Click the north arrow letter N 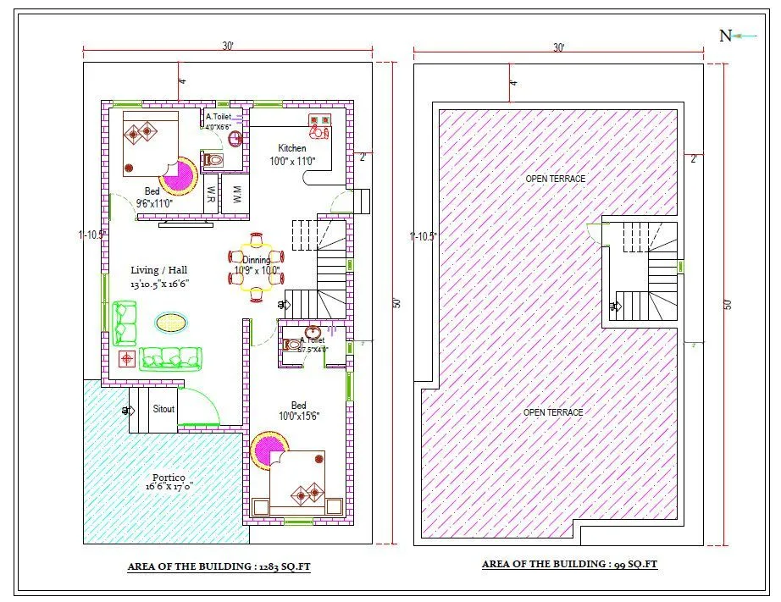coord(725,36)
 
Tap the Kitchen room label coord(292,149)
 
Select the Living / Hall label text coord(158,270)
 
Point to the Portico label coord(169,478)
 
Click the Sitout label coord(163,409)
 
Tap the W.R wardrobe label coord(208,193)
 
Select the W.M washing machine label coord(237,193)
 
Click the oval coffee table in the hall coord(171,323)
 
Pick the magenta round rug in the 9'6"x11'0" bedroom coord(179,176)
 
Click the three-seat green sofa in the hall coord(171,358)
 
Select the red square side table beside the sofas coord(126,358)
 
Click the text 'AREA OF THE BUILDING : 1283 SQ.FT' coord(219,566)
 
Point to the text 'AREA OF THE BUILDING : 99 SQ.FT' coord(570,564)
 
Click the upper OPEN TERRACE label coord(555,179)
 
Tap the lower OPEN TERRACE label coord(553,412)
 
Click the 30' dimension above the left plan coord(227,47)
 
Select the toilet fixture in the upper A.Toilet coord(213,159)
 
